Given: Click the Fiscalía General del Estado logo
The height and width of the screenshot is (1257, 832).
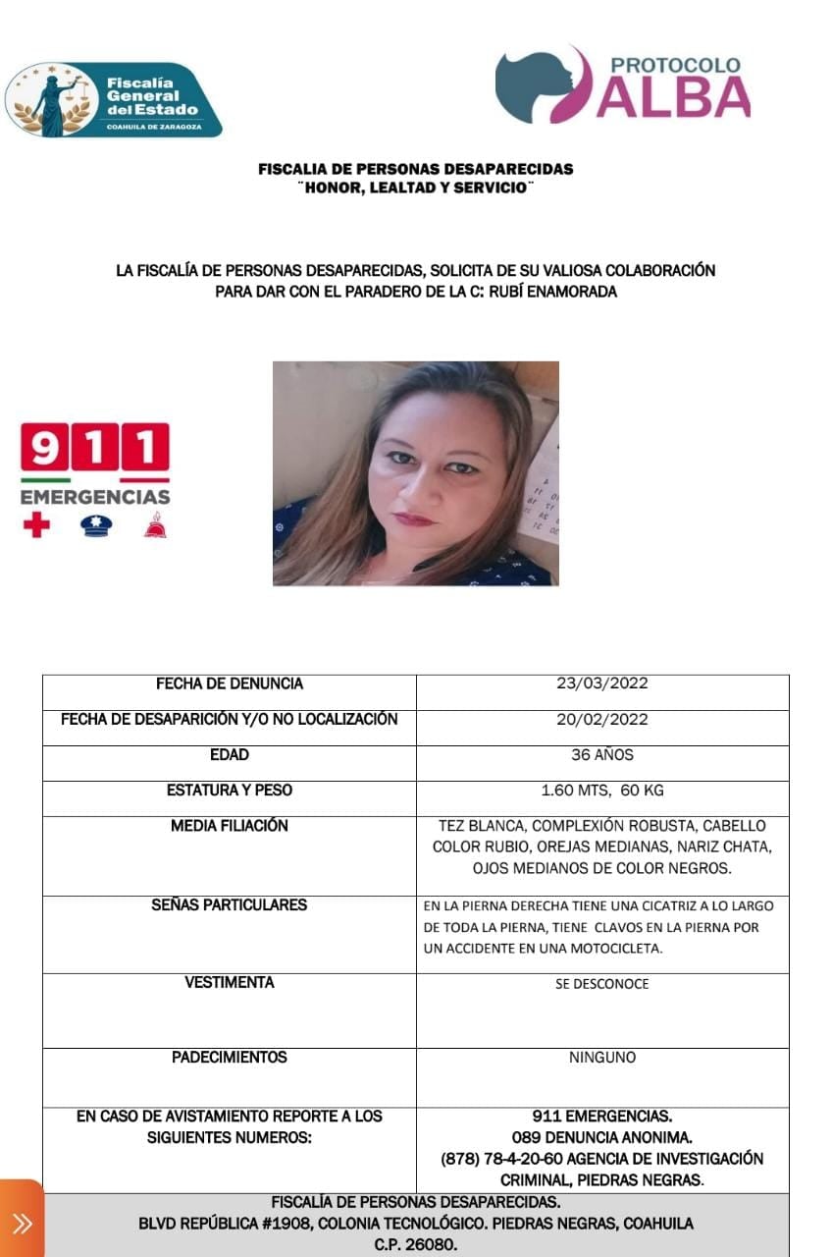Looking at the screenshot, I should (114, 100).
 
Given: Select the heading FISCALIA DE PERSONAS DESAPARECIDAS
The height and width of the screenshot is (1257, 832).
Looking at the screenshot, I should (415, 169).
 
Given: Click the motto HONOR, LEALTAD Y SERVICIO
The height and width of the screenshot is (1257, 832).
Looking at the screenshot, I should (415, 188).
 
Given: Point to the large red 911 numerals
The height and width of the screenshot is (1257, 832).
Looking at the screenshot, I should (95, 449).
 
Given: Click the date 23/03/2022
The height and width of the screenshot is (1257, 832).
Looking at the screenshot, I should (602, 683).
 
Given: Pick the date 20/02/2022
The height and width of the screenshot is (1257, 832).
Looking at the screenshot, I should (602, 719).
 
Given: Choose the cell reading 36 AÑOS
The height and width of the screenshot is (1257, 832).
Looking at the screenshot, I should (602, 755).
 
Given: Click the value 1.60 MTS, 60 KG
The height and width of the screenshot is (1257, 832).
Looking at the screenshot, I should (602, 791).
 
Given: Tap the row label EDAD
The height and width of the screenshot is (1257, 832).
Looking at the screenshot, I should (229, 755).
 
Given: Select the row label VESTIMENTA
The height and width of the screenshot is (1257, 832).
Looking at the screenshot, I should (229, 982).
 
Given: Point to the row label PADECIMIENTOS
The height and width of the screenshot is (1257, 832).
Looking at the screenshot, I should (229, 1058).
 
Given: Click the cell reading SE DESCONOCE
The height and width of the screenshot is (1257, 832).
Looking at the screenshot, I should (602, 983).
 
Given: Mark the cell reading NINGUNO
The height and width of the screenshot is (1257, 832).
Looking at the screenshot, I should (602, 1058).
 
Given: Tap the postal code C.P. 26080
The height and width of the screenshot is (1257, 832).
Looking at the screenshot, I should (415, 1244).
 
